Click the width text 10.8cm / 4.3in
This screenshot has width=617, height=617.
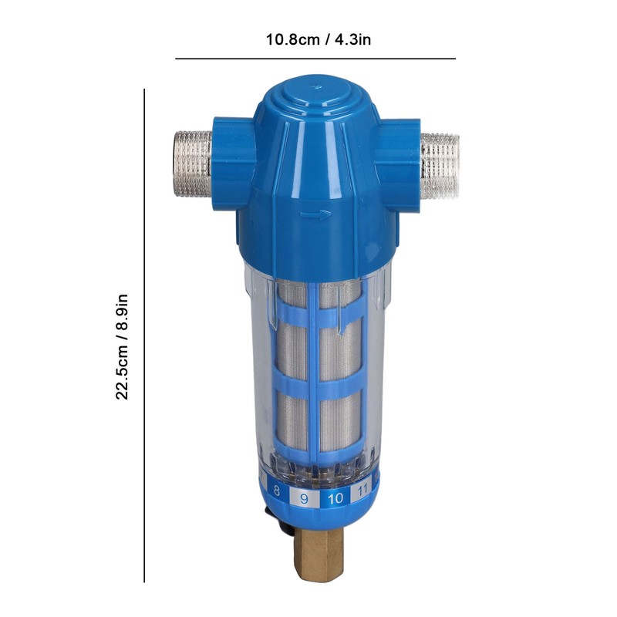[x=319, y=39]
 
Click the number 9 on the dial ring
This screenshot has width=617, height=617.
[x=304, y=499]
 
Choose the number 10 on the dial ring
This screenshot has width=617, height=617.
[x=335, y=499]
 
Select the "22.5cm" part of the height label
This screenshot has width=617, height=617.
[x=122, y=373]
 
